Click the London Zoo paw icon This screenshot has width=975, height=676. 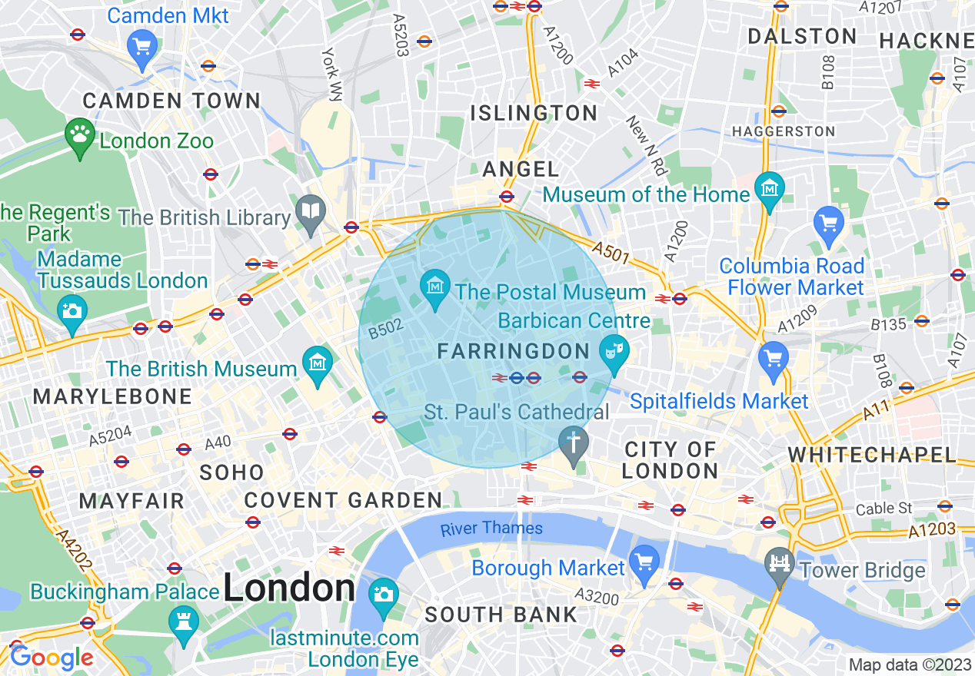coord(79,136)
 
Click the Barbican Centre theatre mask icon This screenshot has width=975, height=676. coord(614,351)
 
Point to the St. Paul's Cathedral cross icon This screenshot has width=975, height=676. coord(573,443)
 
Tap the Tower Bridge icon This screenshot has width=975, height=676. coord(780,565)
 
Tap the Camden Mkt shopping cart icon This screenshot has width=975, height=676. coord(141,46)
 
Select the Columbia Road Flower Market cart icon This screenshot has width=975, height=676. coord(828,224)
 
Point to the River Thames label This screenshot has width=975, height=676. coord(491,529)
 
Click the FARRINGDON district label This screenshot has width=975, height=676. coord(513,352)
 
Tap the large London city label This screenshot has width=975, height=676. coord(289,589)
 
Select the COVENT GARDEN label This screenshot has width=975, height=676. coord(343,501)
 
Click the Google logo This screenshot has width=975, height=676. coord(51,658)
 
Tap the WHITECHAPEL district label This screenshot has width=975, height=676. coord(872,455)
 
